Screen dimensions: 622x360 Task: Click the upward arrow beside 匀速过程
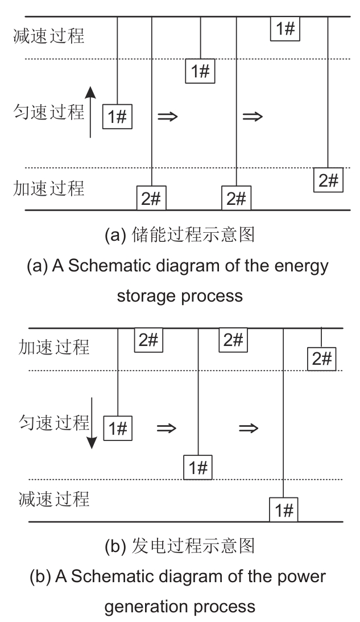coord(90,112)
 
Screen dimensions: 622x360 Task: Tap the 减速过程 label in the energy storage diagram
coord(48,37)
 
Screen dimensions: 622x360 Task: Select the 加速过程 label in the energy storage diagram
coord(48,188)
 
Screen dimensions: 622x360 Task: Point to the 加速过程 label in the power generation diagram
coord(54,347)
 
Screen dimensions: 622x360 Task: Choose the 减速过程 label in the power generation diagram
coord(54,500)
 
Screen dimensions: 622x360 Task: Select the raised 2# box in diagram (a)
coord(329,181)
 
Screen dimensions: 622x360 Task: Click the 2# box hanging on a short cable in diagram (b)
coord(321,359)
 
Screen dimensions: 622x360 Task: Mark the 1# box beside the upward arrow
coord(117,117)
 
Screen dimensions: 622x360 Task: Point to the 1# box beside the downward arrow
coord(117,429)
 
